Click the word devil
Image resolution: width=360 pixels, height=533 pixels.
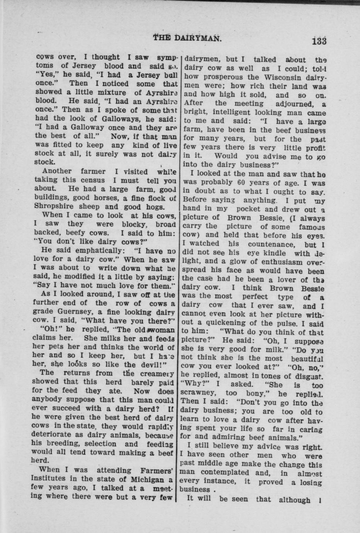[x=153, y=364]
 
